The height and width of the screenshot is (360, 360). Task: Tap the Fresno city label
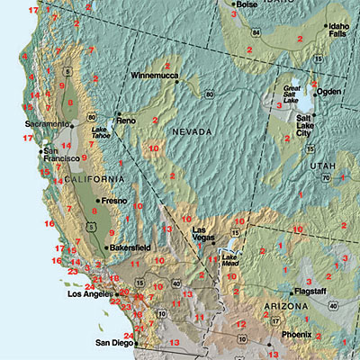114,200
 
